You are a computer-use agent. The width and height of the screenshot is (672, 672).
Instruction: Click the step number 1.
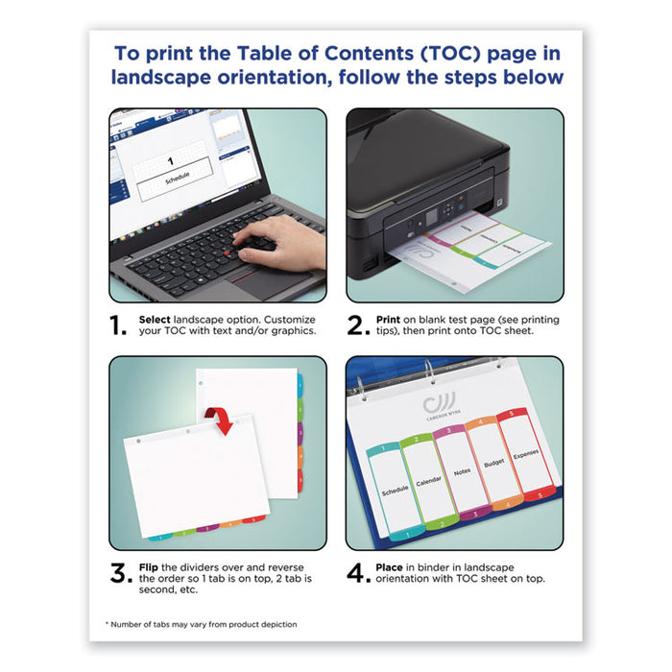120,326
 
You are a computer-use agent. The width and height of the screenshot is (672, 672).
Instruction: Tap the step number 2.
358,326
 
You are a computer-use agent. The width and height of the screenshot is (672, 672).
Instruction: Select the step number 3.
120,574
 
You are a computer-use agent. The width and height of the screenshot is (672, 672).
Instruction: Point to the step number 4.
358,574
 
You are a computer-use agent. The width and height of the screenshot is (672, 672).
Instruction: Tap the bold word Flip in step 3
152,566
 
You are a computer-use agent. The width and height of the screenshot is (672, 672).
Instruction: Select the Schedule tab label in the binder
395,488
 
